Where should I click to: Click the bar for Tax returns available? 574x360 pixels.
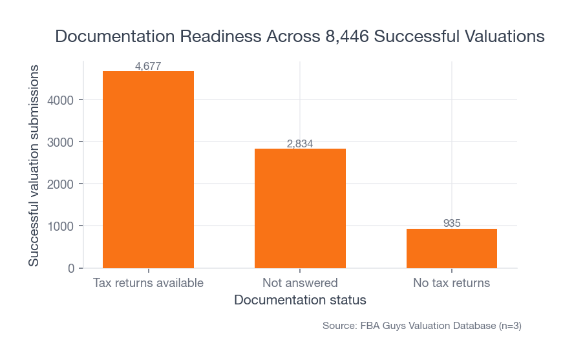[x=148, y=169]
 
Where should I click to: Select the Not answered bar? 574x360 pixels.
[x=300, y=208]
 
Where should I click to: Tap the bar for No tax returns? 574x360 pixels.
[x=452, y=248]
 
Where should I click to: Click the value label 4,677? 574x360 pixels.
[x=148, y=66]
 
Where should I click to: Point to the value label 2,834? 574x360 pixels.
[x=300, y=143]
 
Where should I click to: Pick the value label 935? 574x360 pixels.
[x=452, y=224]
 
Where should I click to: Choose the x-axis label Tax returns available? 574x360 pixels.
[x=148, y=283]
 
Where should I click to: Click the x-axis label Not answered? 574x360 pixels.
[x=300, y=283]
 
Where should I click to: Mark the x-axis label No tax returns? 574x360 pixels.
[x=452, y=283]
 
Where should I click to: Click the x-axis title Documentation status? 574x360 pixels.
[x=300, y=301]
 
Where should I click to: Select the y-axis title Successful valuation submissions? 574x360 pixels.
[x=34, y=165]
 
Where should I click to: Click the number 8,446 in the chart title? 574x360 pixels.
[x=343, y=37]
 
